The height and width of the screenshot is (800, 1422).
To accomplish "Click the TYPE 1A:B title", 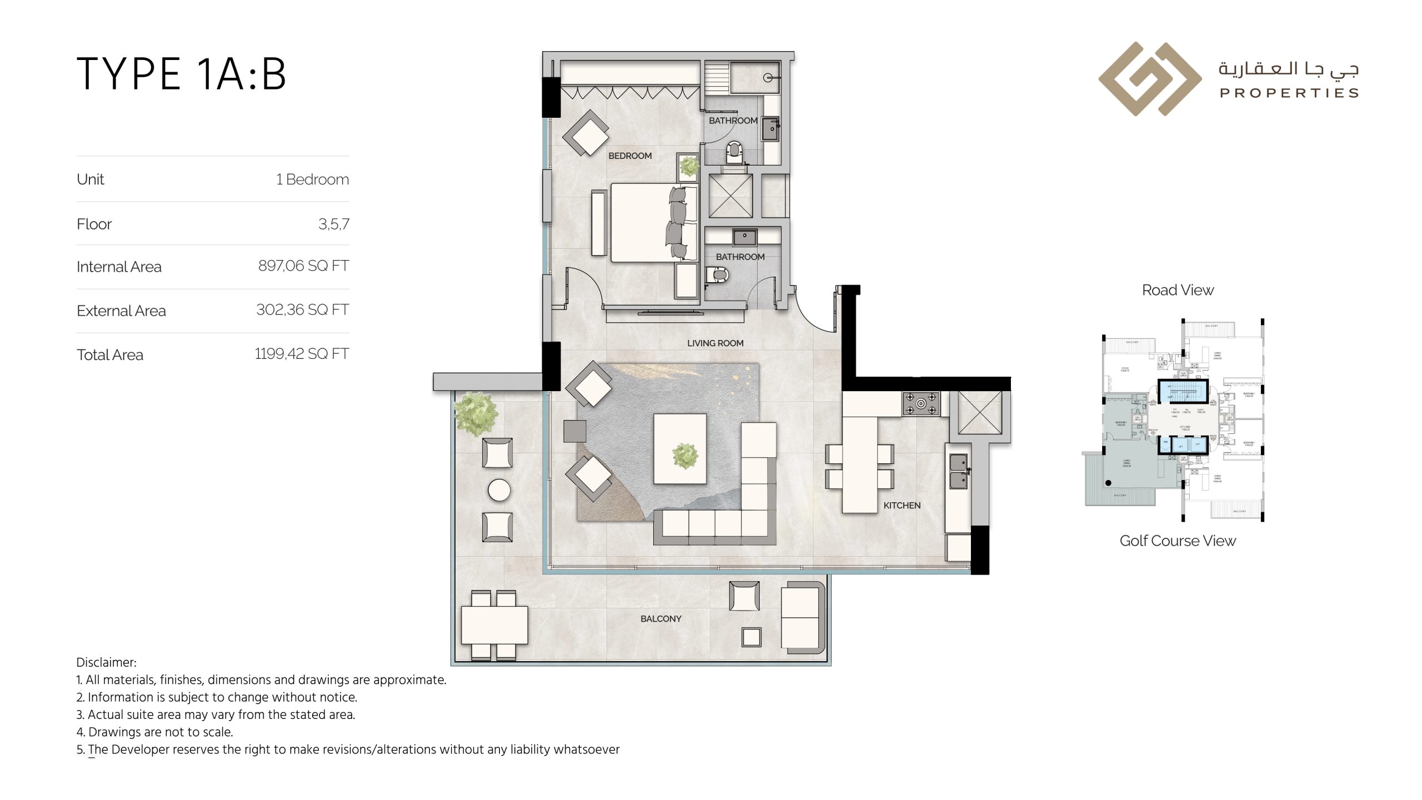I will (181, 74).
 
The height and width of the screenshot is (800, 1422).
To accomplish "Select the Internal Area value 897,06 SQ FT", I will (303, 266).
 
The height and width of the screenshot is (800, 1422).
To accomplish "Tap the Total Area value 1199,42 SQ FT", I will (302, 354).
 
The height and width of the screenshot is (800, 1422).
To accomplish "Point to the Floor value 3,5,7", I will (333, 224).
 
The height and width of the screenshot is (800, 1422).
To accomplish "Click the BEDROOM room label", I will (630, 156).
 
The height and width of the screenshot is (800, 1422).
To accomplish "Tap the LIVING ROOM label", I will (715, 343).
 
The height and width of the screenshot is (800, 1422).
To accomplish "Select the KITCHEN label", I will (902, 506).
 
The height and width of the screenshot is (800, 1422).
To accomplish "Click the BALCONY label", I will (660, 619).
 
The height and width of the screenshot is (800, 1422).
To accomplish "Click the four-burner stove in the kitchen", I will (921, 403).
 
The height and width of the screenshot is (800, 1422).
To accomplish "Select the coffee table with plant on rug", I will (680, 449).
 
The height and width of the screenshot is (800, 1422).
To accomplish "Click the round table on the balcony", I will (499, 491).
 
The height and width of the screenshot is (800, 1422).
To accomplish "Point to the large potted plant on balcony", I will (475, 413).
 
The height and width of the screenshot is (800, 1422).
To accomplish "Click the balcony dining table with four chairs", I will (494, 625).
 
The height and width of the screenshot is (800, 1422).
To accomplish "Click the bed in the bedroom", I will (650, 222).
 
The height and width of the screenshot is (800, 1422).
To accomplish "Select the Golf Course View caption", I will (1178, 541).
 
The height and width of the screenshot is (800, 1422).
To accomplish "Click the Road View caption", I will (1178, 290).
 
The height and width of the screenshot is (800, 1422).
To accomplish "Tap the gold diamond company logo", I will (1150, 79).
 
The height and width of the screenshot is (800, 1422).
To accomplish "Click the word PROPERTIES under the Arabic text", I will (1289, 93).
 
